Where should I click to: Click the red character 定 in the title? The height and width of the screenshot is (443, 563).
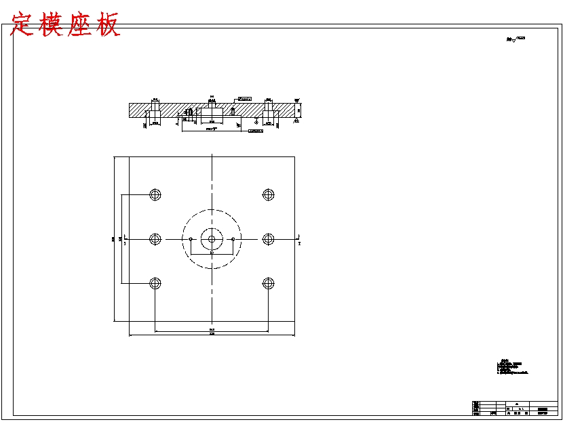click(x=23, y=25)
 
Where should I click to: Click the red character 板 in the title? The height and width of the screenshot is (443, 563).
click(x=107, y=25)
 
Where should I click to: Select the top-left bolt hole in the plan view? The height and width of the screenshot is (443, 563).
click(x=155, y=195)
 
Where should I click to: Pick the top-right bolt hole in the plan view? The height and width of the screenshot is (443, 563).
click(x=268, y=195)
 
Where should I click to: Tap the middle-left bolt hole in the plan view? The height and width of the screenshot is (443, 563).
click(x=155, y=239)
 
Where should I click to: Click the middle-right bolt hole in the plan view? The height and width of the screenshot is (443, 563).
click(x=268, y=239)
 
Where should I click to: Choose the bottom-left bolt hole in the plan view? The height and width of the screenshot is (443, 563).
click(x=155, y=283)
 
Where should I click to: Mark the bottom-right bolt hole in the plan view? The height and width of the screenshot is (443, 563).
click(x=268, y=283)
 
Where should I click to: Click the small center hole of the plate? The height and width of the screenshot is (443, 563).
click(x=212, y=239)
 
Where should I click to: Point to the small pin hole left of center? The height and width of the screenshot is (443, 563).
click(x=192, y=239)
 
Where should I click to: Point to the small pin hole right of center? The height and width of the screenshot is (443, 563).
click(x=232, y=239)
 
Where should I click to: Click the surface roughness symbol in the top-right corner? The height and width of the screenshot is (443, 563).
click(x=516, y=40)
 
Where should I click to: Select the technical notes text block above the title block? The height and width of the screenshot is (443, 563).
click(x=511, y=368)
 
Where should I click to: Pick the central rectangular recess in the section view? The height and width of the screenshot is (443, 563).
click(x=212, y=114)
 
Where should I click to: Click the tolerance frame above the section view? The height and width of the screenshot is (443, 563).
click(x=244, y=99)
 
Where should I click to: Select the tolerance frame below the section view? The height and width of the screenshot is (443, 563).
click(x=254, y=131)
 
